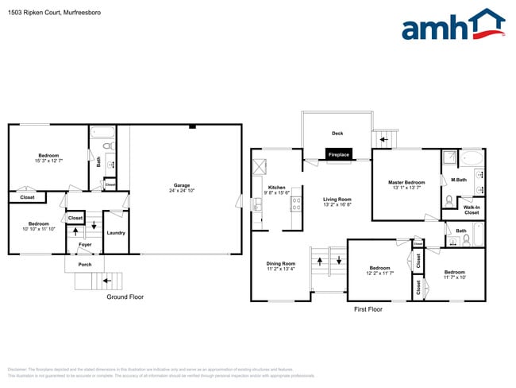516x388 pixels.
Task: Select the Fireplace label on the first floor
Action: coord(339,154)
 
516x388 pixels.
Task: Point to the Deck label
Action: coord(336,133)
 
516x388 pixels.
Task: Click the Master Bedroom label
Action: coord(406,182)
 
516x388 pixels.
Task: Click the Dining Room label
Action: coord(280,263)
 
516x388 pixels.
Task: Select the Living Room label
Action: coord(337,200)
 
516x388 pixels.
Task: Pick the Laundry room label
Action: coord(115,232)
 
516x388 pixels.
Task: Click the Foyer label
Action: coord(85,244)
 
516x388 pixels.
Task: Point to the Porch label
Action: coord(85,264)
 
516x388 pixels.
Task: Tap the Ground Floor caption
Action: coord(125,297)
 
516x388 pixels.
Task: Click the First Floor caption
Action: coord(368,308)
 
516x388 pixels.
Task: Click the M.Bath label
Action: coord(458,180)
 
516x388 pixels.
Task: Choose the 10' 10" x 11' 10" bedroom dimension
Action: coord(38,230)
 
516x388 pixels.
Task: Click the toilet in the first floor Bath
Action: coord(467,239)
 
